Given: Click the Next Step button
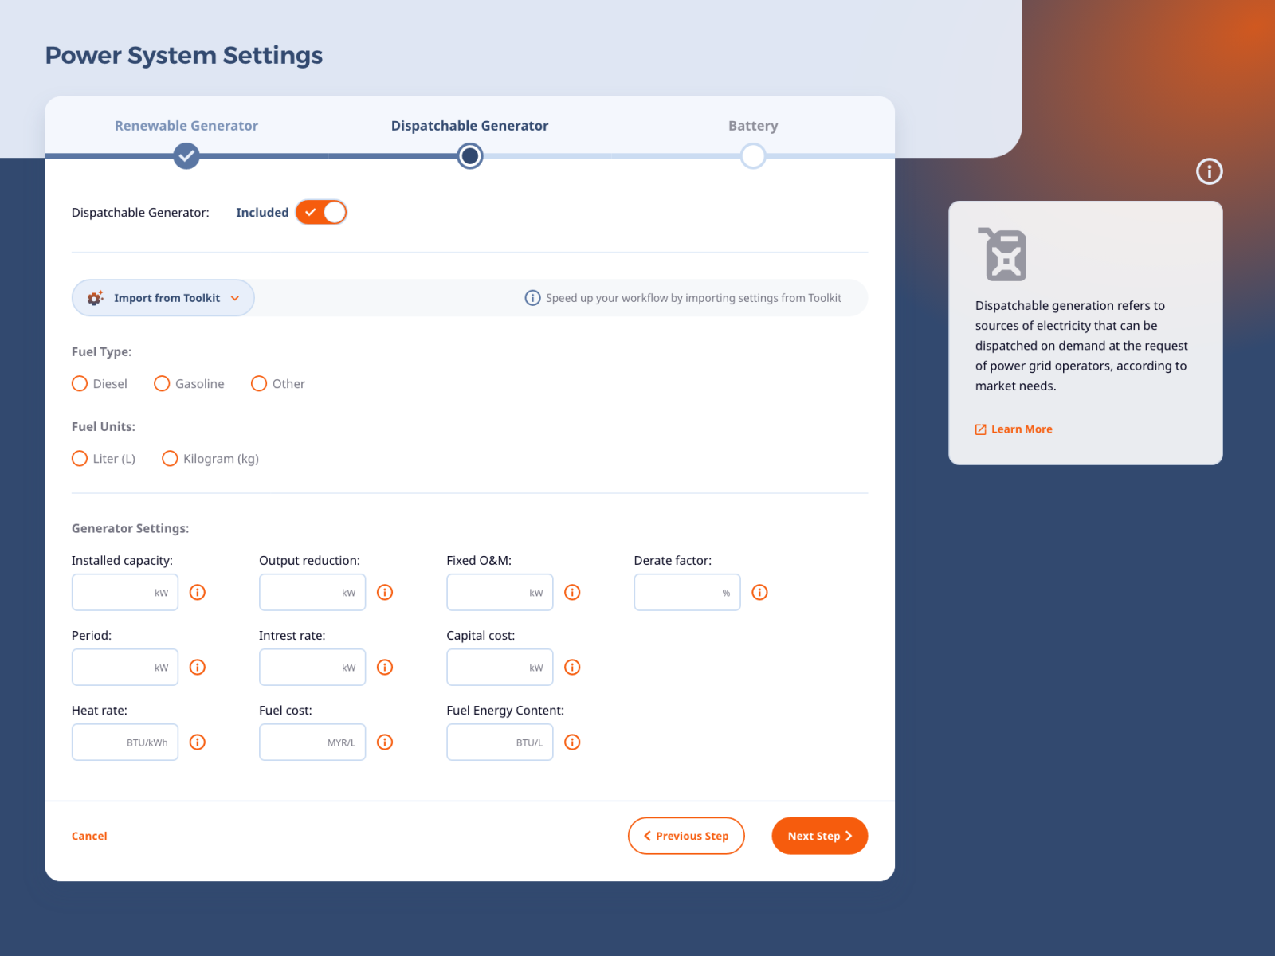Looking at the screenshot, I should pos(819,836).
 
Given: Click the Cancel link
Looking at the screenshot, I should pos(89,836).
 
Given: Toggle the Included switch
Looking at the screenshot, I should pos(321,213).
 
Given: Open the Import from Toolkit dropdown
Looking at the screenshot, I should pos(163,298).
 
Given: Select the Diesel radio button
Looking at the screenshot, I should pos(80,384).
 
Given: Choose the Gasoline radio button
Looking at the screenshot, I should pos(162,384).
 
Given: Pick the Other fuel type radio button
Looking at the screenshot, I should pos(259,384).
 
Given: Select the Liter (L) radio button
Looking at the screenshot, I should pos(80,459).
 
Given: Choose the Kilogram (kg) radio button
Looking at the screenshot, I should pos(170,459).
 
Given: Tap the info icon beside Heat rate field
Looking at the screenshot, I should pos(198,742).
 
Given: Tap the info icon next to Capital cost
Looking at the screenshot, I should pos(572,668).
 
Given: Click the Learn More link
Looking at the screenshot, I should pos(1021,429).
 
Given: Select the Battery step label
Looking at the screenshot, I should pos(753,126).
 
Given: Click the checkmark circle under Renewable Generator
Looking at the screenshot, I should pos(186,155).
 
